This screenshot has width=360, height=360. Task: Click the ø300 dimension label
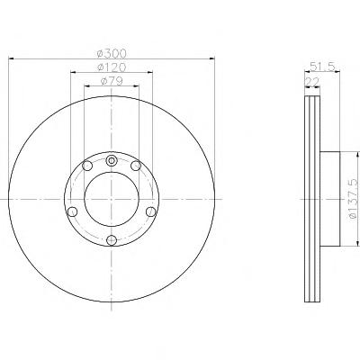[112, 53]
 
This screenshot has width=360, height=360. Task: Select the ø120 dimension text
[112, 67]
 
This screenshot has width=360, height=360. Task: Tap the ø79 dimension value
[112, 81]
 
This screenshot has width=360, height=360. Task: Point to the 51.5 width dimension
[322, 67]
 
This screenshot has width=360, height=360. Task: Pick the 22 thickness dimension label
[312, 82]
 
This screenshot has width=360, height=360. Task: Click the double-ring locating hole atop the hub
[112, 160]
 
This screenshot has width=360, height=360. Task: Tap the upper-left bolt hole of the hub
[87, 166]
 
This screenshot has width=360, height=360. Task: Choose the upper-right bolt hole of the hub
[136, 166]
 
